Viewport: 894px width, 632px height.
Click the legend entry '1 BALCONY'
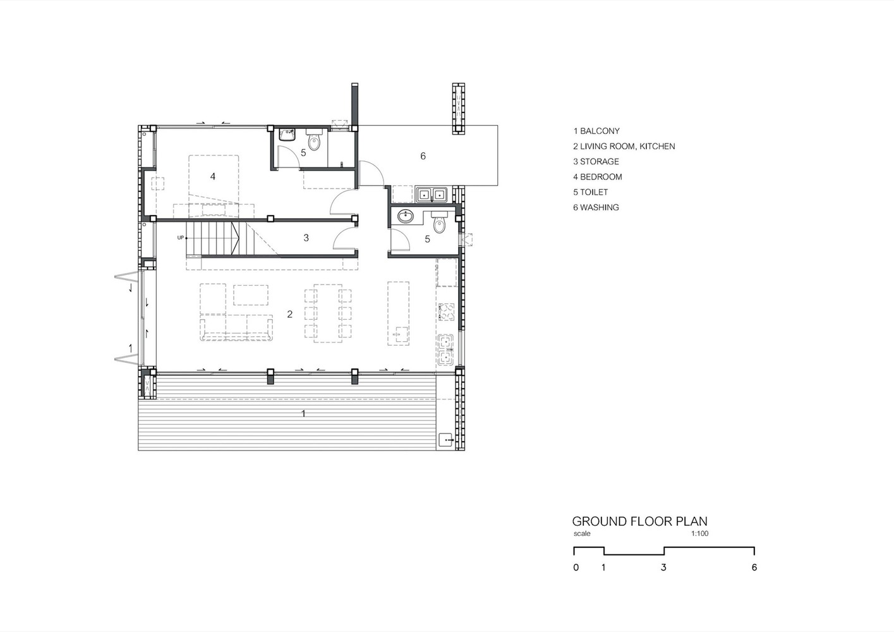pyautogui.click(x=596, y=131)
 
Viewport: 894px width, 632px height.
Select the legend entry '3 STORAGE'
pyautogui.click(x=596, y=161)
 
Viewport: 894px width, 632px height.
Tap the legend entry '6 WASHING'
pyautogui.click(x=596, y=207)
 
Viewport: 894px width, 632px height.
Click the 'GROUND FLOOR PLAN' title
pyautogui.click(x=640, y=521)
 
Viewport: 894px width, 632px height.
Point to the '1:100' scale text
pyautogui.click(x=699, y=533)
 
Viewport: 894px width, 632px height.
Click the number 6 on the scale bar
pyautogui.click(x=754, y=568)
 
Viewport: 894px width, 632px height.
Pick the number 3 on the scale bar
pyautogui.click(x=663, y=568)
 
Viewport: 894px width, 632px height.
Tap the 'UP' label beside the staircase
pyautogui.click(x=181, y=238)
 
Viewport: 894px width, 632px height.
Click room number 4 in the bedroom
pyautogui.click(x=213, y=176)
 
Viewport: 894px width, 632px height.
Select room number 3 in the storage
pyautogui.click(x=306, y=238)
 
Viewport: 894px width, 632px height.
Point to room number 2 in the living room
pyautogui.click(x=290, y=314)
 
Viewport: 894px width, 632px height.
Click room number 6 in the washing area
pyautogui.click(x=423, y=155)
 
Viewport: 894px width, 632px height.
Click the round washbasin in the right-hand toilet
pyautogui.click(x=406, y=216)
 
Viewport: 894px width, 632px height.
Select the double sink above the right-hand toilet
pyautogui.click(x=432, y=195)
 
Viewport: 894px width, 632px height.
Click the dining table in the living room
pyautogui.click(x=328, y=313)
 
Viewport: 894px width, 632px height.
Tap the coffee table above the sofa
pyautogui.click(x=251, y=295)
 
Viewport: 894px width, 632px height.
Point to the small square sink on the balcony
pyautogui.click(x=446, y=440)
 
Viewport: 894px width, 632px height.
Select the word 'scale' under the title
pyautogui.click(x=582, y=533)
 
